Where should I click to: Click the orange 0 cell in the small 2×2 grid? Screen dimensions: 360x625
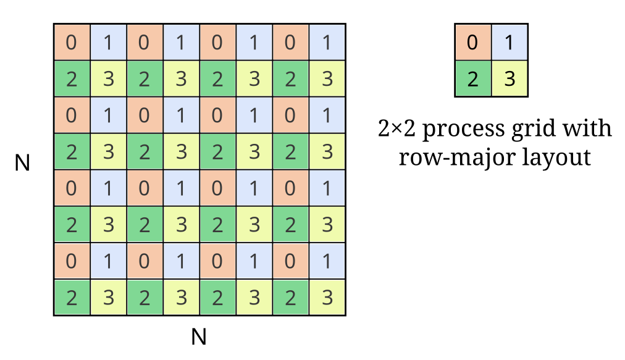pyautogui.click(x=472, y=43)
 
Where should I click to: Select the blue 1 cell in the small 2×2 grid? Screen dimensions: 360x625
pyautogui.click(x=510, y=43)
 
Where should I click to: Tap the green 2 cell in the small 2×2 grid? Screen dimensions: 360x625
pyautogui.click(x=472, y=79)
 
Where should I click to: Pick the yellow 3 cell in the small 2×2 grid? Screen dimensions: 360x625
pyautogui.click(x=510, y=79)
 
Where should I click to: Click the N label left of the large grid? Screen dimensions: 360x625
pyautogui.click(x=22, y=163)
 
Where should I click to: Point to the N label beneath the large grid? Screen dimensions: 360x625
pyautogui.click(x=198, y=337)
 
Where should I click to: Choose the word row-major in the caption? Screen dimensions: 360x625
pyautogui.click(x=451, y=157)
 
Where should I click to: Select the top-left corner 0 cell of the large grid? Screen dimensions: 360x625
pyautogui.click(x=72, y=43)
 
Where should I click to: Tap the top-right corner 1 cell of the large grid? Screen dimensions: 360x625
pyautogui.click(x=327, y=43)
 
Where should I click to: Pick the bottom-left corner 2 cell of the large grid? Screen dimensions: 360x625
pyautogui.click(x=72, y=298)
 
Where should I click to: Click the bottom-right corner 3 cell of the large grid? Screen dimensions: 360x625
pyautogui.click(x=327, y=298)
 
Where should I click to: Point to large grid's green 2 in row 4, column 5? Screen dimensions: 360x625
pyautogui.click(x=217, y=152)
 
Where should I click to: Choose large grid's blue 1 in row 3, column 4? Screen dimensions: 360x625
pyautogui.click(x=181, y=115)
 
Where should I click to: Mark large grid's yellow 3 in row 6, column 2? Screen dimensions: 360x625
pyautogui.click(x=108, y=225)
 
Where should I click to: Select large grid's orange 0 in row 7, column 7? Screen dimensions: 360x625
pyautogui.click(x=291, y=261)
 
